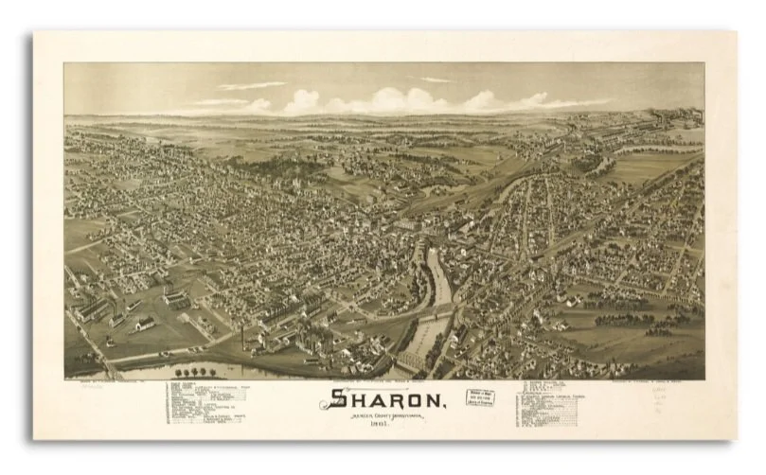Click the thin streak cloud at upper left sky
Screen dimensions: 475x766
click(x=251, y=86)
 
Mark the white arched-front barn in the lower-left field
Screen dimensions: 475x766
click(x=145, y=325)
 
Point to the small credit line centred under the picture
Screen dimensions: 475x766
click(x=383, y=382)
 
